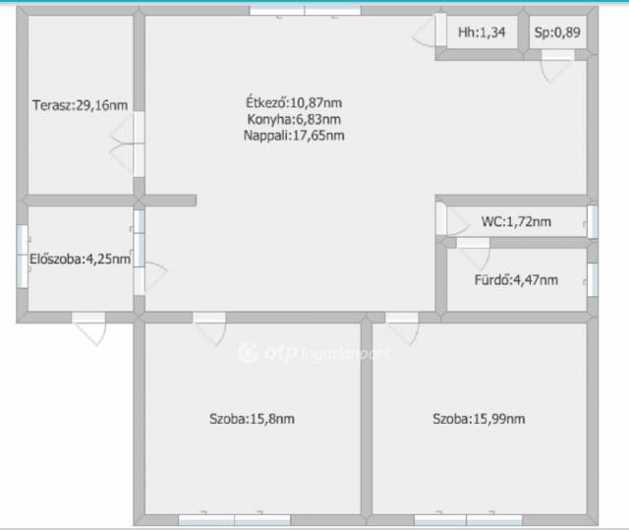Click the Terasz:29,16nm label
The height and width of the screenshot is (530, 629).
pos(81,105)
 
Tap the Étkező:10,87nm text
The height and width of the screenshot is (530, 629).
pos(294,102)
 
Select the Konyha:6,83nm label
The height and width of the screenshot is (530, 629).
pos(294,119)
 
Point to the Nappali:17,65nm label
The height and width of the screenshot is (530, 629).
pos(294,136)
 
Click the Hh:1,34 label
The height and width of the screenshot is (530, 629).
pos(482,32)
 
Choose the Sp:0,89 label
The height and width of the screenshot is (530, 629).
pos(557,32)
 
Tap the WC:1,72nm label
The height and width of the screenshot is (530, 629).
pos(516,221)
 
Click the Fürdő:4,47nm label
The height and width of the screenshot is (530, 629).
pos(516,279)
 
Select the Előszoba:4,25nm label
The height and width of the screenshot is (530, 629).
pos(81,259)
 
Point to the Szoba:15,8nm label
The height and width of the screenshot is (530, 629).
pos(252,419)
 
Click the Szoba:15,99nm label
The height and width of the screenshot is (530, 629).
pos(479,419)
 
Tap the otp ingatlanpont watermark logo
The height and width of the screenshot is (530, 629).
pos(314,353)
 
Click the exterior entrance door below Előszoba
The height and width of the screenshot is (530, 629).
pos(89,328)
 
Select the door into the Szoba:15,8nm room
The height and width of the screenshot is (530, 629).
pos(209,328)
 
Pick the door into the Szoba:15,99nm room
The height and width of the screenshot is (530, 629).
pos(402,328)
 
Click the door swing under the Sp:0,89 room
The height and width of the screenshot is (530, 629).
pos(557,66)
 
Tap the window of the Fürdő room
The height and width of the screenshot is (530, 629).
pos(592,279)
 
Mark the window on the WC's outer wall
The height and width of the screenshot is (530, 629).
pos(592,221)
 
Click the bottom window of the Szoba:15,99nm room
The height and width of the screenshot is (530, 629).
pos(468,520)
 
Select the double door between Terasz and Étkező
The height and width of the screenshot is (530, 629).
pos(128,144)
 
